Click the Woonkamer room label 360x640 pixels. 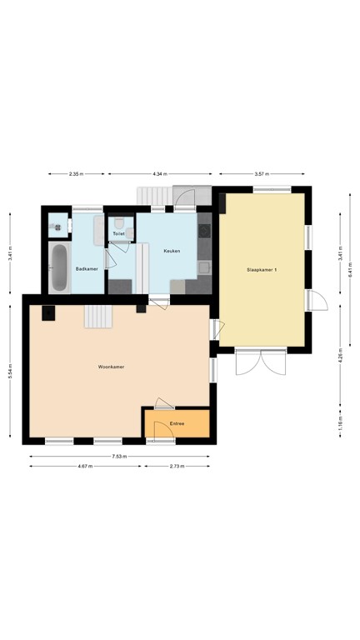tap(111, 367)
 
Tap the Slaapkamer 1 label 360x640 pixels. tap(262, 270)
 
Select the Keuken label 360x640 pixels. tap(172, 251)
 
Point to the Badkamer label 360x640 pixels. tap(87, 269)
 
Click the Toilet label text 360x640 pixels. tap(118, 234)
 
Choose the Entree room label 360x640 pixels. tap(177, 423)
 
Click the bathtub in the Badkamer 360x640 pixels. tap(60, 267)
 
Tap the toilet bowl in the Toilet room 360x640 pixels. tap(119, 222)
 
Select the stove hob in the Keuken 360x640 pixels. tap(204, 231)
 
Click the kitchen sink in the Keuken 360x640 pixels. tap(204, 267)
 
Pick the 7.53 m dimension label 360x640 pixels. tap(120, 457)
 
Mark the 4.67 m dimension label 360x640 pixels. tap(85, 466)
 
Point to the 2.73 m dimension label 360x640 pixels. tap(177, 466)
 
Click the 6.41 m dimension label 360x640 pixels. tap(350, 270)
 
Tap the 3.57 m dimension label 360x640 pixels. tap(262, 174)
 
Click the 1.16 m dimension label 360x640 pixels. tap(340, 421)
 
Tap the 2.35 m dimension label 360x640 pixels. tap(77, 174)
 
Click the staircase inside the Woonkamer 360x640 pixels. tap(98, 317)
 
